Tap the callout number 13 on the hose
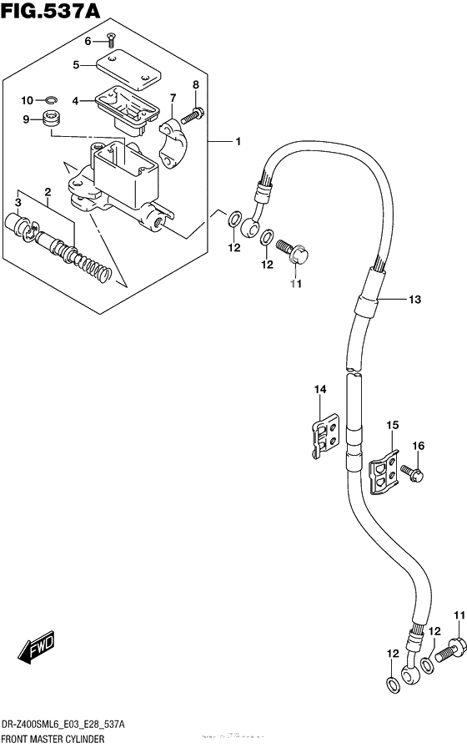414,299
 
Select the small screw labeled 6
111,41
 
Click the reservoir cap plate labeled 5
129,72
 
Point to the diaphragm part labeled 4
126,109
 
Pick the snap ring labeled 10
52,99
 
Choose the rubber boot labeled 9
50,119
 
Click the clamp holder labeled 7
174,143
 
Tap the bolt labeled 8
192,114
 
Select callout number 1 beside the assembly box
238,142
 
